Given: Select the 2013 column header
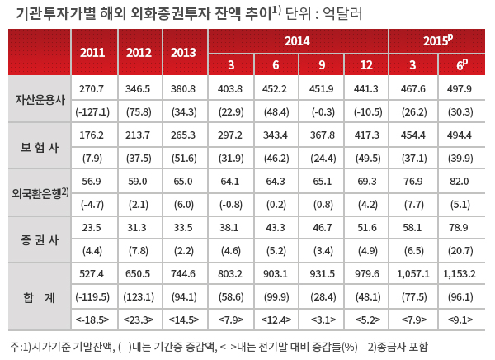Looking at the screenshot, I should coord(185,52).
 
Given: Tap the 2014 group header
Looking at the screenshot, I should coord(297,40).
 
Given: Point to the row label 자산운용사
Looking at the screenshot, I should coord(40,100).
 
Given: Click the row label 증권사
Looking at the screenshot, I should coord(40,240).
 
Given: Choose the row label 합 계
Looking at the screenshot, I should coord(40,296).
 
